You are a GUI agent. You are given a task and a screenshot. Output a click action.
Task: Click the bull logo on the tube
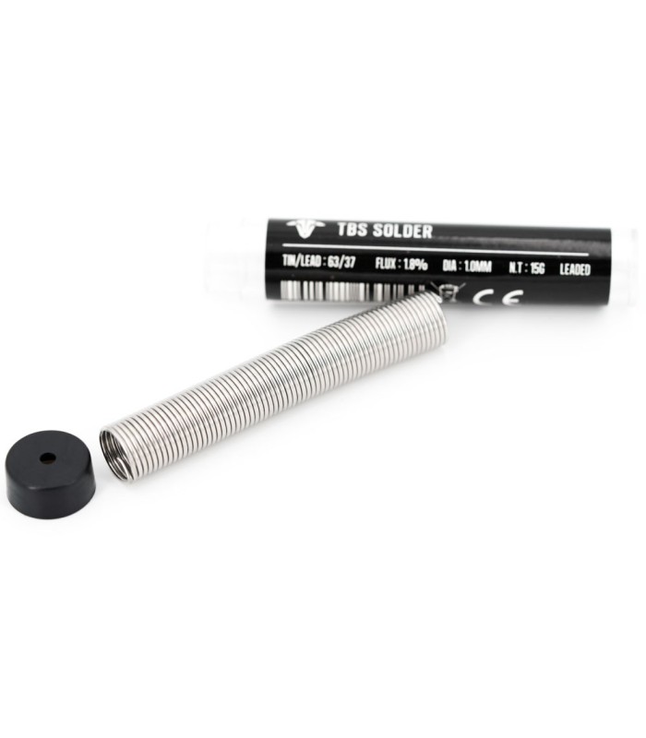[305, 228]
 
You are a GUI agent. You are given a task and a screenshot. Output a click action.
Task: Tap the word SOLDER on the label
[402, 231]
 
